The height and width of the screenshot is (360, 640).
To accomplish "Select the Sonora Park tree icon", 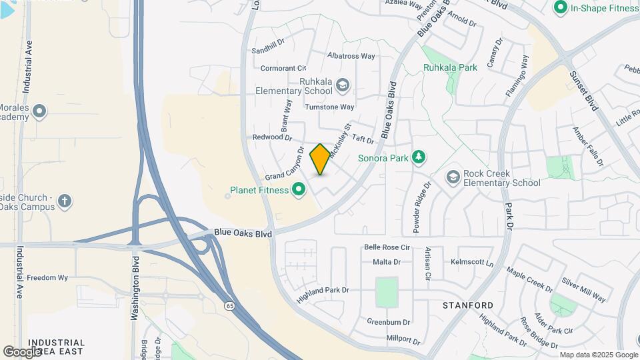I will (x=418, y=158).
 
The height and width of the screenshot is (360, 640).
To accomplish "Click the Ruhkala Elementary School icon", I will (x=343, y=85).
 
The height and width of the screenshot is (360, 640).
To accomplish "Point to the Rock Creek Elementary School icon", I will (x=453, y=177).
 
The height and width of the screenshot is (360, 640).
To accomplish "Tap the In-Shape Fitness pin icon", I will (x=560, y=8).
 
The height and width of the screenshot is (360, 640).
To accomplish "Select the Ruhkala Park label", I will (x=450, y=67).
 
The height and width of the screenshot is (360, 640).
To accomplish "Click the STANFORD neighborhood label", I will (x=468, y=305).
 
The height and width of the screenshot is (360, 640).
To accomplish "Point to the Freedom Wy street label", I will (x=47, y=277).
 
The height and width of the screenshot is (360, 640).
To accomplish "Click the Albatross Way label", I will (x=351, y=56).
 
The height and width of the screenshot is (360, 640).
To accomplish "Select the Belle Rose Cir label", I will (x=386, y=247).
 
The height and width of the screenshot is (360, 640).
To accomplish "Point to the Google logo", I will (x=22, y=351).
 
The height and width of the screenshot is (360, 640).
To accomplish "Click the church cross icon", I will (x=65, y=201).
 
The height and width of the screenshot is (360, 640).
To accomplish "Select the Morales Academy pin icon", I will (x=39, y=111).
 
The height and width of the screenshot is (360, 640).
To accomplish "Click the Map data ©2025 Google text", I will (x=598, y=355).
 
